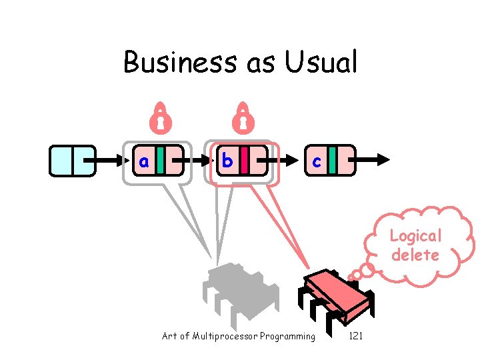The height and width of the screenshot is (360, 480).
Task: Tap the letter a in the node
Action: [x=143, y=160]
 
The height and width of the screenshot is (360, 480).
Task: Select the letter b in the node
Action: [x=227, y=160]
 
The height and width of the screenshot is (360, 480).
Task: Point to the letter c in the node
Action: [x=316, y=161]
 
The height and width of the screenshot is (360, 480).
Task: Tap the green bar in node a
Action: [x=161, y=160]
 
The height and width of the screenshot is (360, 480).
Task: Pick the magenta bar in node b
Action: [x=245, y=160]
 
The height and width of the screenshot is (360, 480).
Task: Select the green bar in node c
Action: [x=332, y=160]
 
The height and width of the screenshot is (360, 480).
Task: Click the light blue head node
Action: [x=72, y=160]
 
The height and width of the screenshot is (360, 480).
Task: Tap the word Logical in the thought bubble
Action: [x=415, y=236]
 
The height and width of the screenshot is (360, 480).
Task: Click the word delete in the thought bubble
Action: [x=415, y=255]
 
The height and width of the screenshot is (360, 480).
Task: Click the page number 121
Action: [x=356, y=336]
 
